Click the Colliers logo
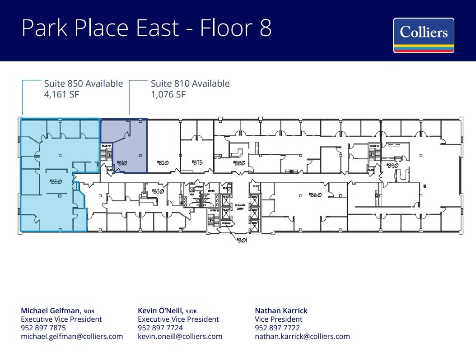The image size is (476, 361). [423, 35]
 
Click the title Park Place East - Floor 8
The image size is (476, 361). [146, 28]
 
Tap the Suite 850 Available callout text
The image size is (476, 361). [83, 83]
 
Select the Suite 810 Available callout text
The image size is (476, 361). [190, 83]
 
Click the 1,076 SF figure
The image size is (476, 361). [168, 94]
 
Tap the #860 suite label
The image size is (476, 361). [314, 195]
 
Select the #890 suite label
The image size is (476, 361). [392, 166]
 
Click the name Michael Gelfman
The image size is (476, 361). [51, 310]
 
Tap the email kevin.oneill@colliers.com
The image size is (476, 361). [180, 336]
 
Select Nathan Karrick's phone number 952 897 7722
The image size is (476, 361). [277, 328]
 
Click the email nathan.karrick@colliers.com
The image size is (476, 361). [302, 336]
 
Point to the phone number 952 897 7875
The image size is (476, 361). [43, 328]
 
